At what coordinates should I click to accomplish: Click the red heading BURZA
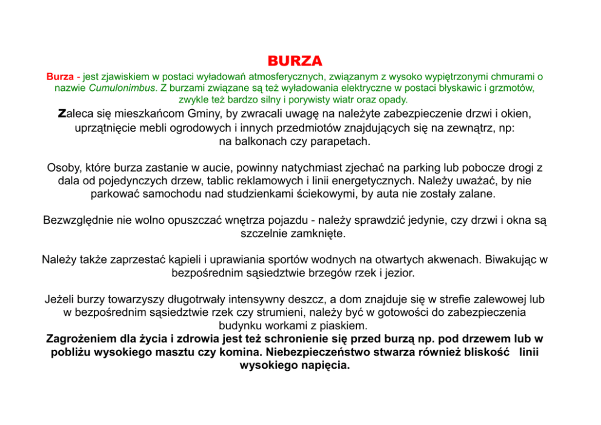(x=294, y=62)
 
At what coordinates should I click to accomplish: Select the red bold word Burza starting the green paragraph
(x=60, y=77)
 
